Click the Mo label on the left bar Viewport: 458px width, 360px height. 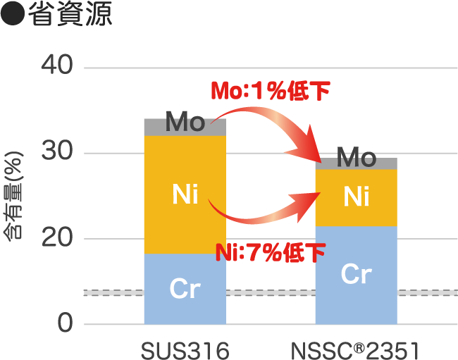click(x=185, y=124)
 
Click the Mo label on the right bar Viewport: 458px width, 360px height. click(x=356, y=159)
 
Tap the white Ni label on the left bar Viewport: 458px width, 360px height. click(x=185, y=194)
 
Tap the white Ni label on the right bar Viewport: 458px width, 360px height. click(x=357, y=197)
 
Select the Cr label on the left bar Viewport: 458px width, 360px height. click(x=185, y=289)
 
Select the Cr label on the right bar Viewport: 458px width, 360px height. click(x=356, y=274)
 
